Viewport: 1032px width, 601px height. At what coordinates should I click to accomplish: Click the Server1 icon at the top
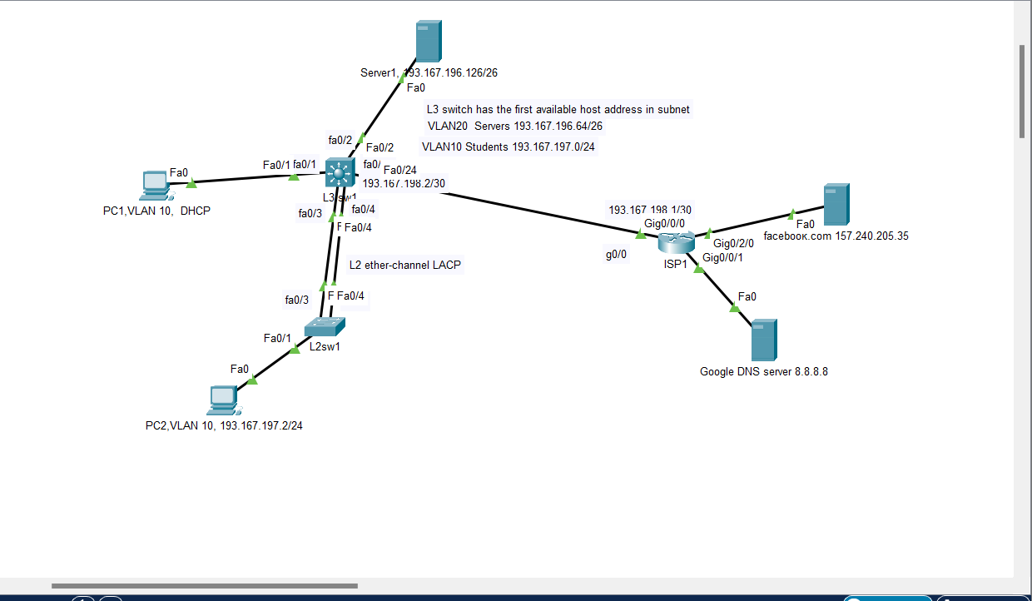pos(428,41)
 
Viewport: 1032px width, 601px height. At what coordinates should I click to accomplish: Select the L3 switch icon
pos(340,172)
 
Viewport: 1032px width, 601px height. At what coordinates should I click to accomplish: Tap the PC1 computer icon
pos(155,186)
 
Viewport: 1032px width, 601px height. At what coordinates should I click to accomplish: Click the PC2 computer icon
pos(223,400)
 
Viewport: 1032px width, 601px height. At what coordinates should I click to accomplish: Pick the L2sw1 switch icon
pos(325,326)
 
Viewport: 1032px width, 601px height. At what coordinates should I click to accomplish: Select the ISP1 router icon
pos(675,242)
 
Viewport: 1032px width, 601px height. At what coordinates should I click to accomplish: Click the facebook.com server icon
pos(835,205)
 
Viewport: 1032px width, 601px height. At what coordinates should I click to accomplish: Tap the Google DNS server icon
pos(763,340)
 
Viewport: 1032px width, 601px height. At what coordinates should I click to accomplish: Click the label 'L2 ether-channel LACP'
pos(405,265)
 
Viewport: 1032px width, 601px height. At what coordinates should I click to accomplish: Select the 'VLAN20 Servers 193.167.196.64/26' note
pos(514,127)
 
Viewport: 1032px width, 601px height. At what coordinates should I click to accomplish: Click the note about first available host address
pos(558,109)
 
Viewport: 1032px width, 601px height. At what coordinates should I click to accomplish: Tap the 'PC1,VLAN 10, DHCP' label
pos(151,211)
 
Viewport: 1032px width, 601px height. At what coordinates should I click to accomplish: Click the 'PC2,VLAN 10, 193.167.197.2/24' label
pos(224,425)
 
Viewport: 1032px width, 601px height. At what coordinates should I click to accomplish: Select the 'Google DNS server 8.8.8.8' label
pos(763,371)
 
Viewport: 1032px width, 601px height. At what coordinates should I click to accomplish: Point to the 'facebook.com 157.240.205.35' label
pos(836,236)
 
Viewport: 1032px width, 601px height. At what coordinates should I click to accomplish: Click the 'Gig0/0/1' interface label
pos(722,257)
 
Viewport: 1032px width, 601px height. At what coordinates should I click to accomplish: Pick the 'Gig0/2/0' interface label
pos(733,244)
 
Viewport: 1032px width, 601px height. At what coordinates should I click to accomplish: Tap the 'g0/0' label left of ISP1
pos(616,256)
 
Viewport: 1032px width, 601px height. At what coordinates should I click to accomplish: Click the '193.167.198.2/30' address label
pos(403,183)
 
